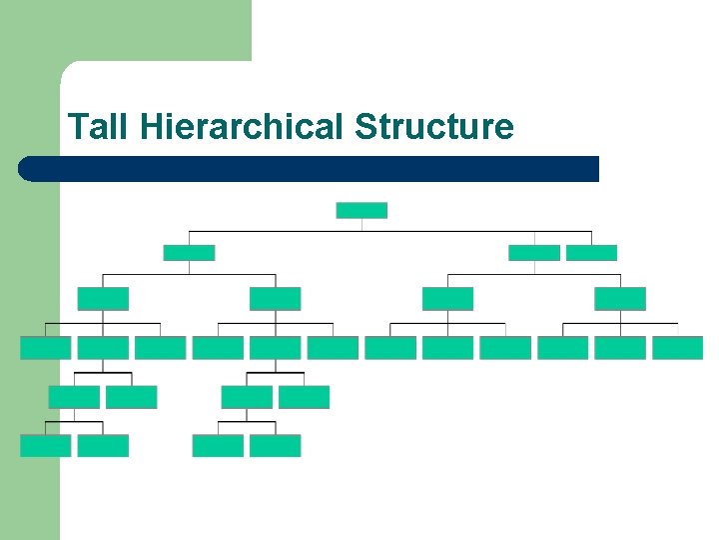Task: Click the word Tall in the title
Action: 100,127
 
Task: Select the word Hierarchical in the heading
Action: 243,127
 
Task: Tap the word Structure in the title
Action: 433,127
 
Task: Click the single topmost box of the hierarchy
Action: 361,210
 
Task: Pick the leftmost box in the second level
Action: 189,253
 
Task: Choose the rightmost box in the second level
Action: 591,253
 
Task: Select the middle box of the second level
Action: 534,253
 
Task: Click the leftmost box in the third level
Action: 103,298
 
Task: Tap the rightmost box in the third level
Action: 620,298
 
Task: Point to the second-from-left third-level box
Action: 275,298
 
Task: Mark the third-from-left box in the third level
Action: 447,298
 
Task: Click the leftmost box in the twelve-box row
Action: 46,348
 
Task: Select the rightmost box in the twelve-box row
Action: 678,348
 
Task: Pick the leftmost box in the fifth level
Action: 74,397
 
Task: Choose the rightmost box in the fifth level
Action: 304,397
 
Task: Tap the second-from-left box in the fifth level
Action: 131,397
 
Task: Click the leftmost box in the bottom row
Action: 46,446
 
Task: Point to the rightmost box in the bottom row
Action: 275,446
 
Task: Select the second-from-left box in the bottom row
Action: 103,446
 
